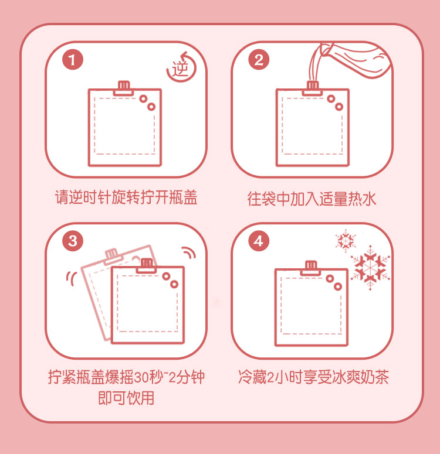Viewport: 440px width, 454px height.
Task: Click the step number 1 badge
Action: point(73,60)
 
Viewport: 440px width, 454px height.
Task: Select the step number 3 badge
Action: point(73,241)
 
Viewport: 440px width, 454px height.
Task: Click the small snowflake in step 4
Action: point(346,240)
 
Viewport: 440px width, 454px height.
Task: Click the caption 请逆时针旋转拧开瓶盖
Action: point(126,198)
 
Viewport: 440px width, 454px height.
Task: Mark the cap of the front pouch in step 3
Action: point(147,265)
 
